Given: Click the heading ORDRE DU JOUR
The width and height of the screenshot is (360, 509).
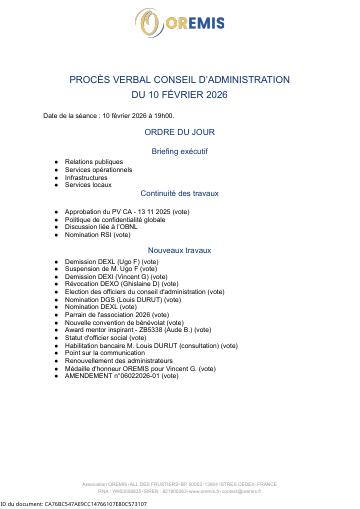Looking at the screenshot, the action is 179,131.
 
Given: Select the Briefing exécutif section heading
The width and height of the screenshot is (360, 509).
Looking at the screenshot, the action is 180,150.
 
